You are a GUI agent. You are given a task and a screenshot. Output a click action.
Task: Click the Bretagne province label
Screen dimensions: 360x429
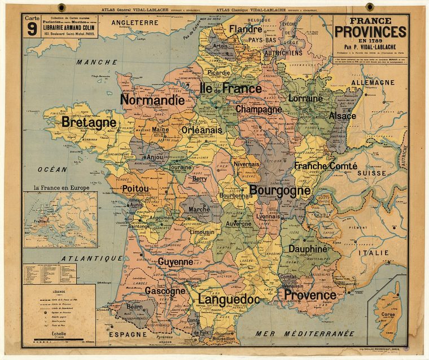tap(89, 122)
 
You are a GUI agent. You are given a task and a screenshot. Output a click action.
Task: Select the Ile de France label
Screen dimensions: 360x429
tap(231, 89)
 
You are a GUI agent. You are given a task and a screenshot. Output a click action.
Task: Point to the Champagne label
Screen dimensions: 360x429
tap(259, 109)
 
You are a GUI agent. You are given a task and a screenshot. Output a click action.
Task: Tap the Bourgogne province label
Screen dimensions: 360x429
tap(280, 191)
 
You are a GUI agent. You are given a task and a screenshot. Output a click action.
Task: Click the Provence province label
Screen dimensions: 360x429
tap(310, 295)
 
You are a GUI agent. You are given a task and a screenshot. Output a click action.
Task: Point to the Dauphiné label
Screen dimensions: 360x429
tap(308, 248)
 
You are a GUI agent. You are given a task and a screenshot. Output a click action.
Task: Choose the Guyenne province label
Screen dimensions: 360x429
tap(175, 262)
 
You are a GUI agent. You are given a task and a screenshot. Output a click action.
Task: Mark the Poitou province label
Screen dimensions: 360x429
tap(135, 188)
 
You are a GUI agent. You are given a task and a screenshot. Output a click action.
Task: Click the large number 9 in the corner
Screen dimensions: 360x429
tap(32, 30)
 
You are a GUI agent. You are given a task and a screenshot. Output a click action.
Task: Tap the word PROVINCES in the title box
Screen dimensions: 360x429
tap(370, 32)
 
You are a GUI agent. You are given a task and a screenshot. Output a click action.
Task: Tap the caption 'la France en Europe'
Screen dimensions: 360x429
tap(62, 188)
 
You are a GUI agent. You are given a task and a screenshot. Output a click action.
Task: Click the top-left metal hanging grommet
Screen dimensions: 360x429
tap(62, 7)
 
